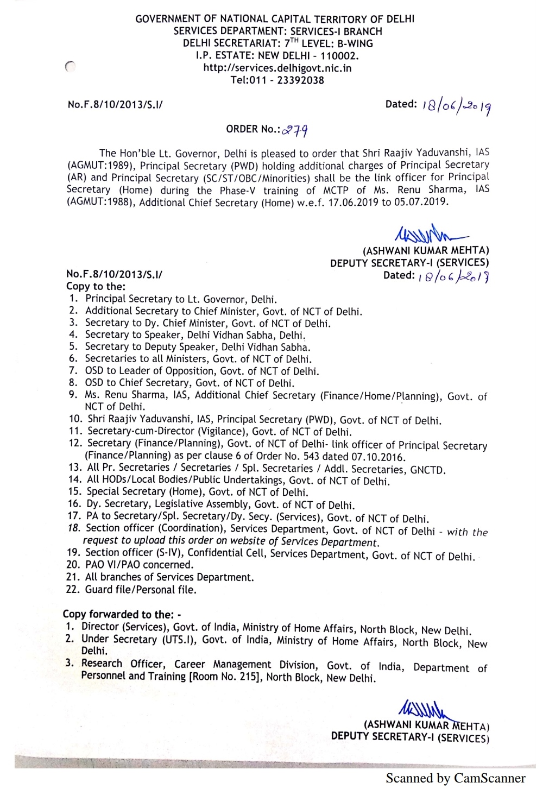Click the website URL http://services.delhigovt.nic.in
pyautogui.click(x=277, y=68)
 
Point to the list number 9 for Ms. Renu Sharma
pyautogui.click(x=74, y=395)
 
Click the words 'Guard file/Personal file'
pyautogui.click(x=141, y=589)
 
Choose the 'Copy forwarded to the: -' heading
pyautogui.click(x=122, y=614)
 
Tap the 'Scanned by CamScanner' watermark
pyautogui.click(x=455, y=778)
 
